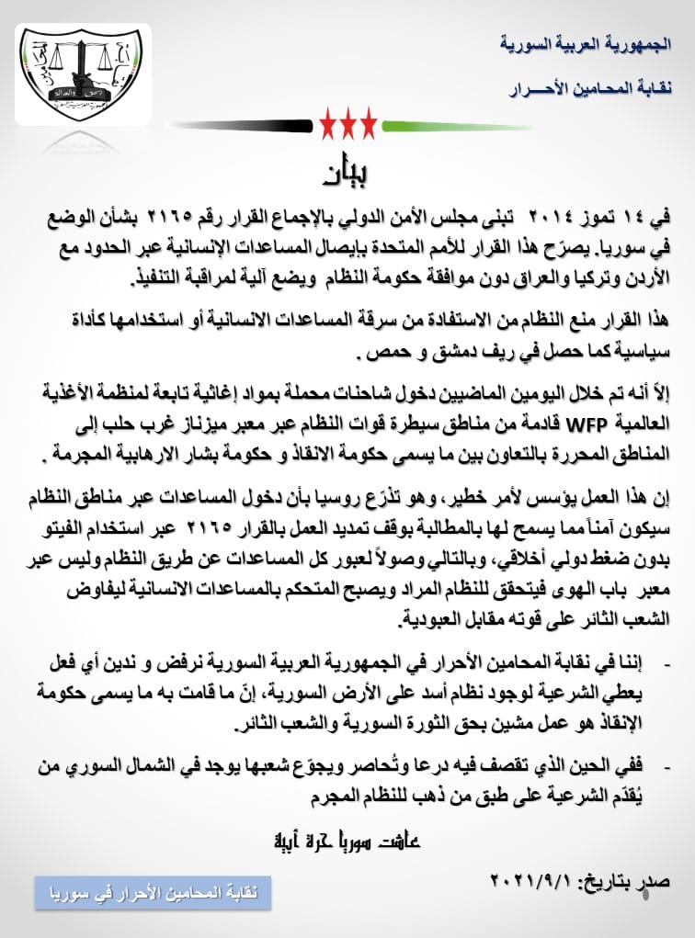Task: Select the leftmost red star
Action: (x=328, y=121)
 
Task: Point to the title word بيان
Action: (x=347, y=173)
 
